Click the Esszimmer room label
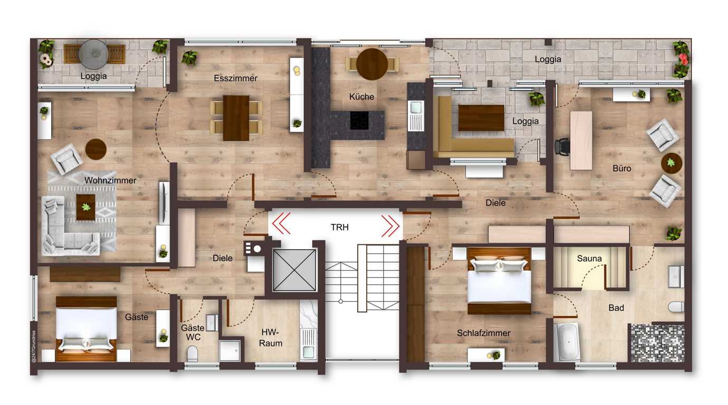(235, 78)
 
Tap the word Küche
(361, 97)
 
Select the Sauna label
(589, 258)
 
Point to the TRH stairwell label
(340, 227)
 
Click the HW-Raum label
(271, 338)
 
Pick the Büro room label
(622, 168)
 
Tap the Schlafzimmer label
(483, 333)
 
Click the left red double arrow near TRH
(281, 223)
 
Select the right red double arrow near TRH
(390, 225)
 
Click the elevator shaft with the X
(294, 270)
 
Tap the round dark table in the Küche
(372, 64)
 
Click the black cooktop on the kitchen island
(359, 120)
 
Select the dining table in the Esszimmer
(236, 118)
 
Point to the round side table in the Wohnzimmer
(96, 149)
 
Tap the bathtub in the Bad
(567, 342)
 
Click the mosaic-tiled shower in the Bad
(657, 343)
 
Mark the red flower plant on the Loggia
(682, 59)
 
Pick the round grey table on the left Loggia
(93, 54)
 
